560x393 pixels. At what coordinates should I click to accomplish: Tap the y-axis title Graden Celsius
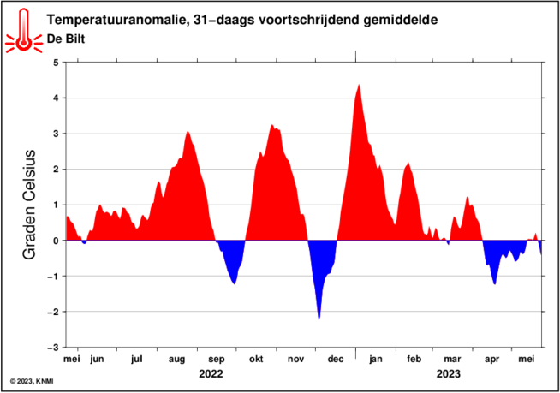[x=29, y=205]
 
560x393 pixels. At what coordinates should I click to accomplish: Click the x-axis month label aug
[x=177, y=360]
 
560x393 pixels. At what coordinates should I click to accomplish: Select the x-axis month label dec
[x=336, y=360]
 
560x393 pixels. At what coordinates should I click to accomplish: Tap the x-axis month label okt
[x=256, y=360]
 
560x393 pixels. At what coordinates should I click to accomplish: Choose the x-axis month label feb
[x=414, y=360]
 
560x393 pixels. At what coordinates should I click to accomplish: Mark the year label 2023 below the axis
[x=448, y=374]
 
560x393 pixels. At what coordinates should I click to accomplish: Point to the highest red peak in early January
[x=359, y=86]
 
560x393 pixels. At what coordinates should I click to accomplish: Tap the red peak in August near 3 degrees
[x=188, y=133]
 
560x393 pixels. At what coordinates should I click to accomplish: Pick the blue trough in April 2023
[x=494, y=283]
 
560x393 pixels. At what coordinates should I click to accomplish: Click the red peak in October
[x=272, y=127]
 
